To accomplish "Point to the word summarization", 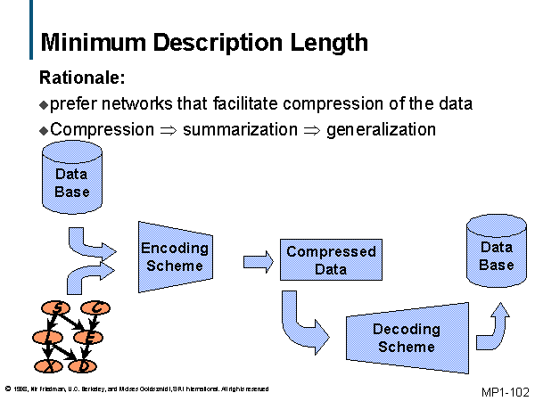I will pyautogui.click(x=240, y=130).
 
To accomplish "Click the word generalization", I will pyautogui.click(x=382, y=130).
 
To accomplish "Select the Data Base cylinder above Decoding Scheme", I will pyautogui.click(x=496, y=255).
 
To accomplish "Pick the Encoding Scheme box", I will pyautogui.click(x=175, y=256).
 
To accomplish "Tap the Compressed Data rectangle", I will pyautogui.click(x=331, y=260).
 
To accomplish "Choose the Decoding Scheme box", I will pyautogui.click(x=407, y=337).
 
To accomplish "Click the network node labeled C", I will pyautogui.click(x=95, y=309).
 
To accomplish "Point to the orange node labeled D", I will pyautogui.click(x=83, y=365).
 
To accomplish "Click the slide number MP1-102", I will pyautogui.click(x=505, y=391).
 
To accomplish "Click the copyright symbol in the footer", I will pyautogui.click(x=7, y=389).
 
